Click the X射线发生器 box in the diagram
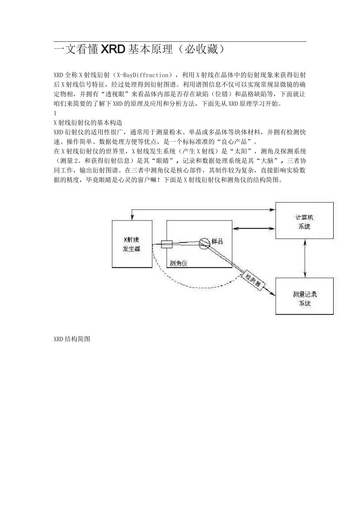(x=131, y=244)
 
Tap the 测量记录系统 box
(x=304, y=297)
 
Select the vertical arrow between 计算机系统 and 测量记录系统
(x=305, y=258)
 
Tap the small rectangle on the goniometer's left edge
(x=167, y=244)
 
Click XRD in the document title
(x=113, y=49)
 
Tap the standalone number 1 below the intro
(x=55, y=113)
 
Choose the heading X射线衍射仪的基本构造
(x=88, y=123)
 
